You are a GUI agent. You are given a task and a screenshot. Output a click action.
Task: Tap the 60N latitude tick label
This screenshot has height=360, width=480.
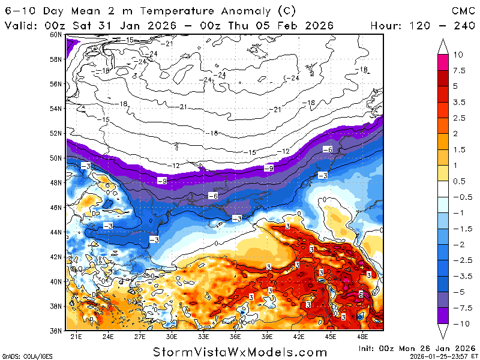(56, 34)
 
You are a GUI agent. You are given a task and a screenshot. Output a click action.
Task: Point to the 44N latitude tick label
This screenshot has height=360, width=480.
(56, 232)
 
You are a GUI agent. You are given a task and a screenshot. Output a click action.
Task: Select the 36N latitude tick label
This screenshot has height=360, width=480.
(56, 331)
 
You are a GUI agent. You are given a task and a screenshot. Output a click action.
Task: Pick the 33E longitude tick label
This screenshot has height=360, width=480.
(204, 337)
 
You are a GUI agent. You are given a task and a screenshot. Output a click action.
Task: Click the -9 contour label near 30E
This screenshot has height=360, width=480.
(161, 181)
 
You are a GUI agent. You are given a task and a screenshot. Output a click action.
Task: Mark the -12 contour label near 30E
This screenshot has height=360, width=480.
(175, 165)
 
